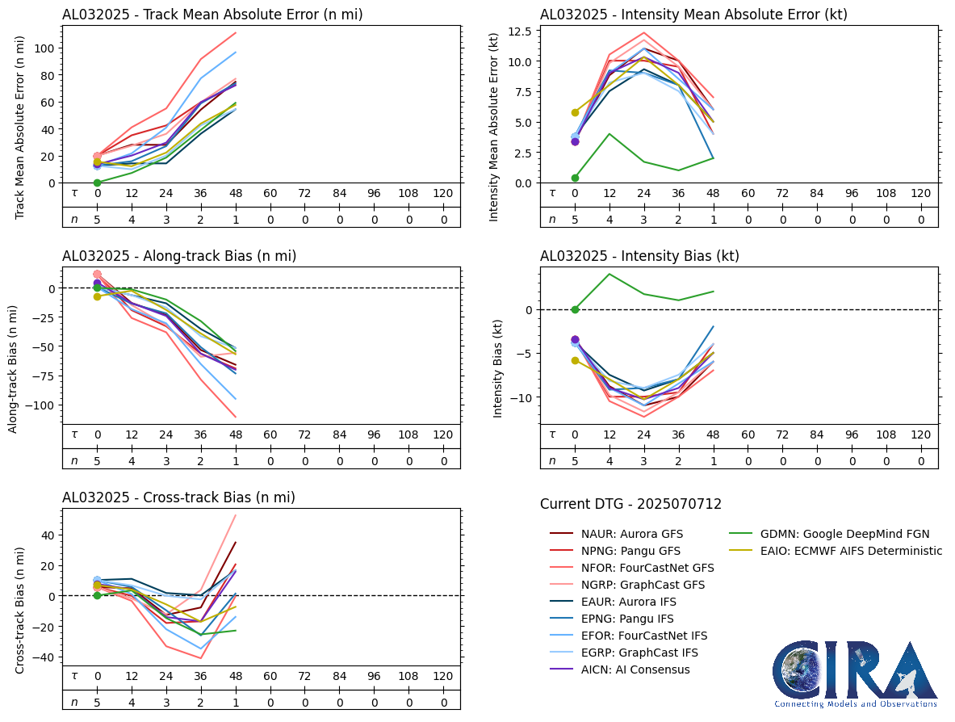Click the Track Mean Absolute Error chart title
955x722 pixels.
pos(212,15)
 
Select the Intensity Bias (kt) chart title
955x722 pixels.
pos(639,256)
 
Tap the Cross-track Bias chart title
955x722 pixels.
pos(178,497)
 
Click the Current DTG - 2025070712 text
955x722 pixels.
pos(630,504)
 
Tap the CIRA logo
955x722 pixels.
pos(855,674)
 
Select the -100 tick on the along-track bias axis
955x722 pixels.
pos(40,405)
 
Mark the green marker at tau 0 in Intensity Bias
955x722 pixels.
pos(575,309)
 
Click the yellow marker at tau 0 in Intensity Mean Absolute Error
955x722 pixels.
pos(575,112)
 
